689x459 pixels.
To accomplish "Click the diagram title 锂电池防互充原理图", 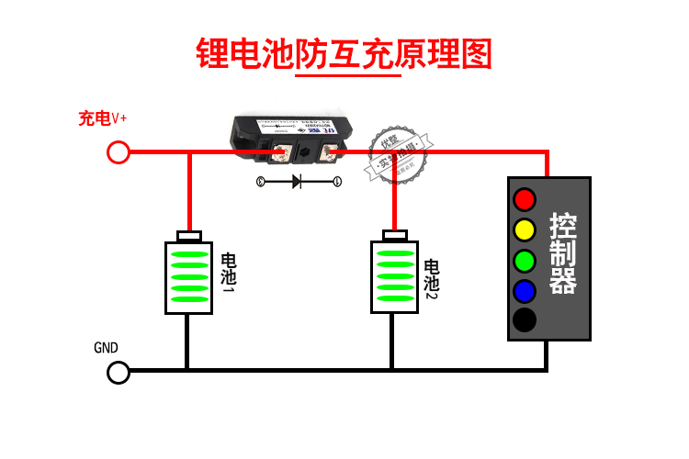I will [344, 53].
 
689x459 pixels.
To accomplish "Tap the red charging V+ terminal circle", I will [119, 152].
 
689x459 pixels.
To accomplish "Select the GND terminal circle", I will [119, 372].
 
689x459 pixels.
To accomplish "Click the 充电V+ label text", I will [103, 118].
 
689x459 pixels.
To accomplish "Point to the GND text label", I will [106, 348].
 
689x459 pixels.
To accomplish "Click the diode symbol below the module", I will [298, 182].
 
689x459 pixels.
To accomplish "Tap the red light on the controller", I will [524, 198].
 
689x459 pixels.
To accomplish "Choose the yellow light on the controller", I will [524, 229].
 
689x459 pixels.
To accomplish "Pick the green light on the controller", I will [524, 260].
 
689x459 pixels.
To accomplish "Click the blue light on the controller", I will [524, 290].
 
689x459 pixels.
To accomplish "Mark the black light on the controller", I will [524, 320].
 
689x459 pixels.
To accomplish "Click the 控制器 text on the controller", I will [562, 254].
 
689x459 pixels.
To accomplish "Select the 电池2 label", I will [431, 281].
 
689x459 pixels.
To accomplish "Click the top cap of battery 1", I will [190, 237].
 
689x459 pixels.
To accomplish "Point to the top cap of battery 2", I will [395, 237].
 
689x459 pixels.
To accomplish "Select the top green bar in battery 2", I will [395, 254].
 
